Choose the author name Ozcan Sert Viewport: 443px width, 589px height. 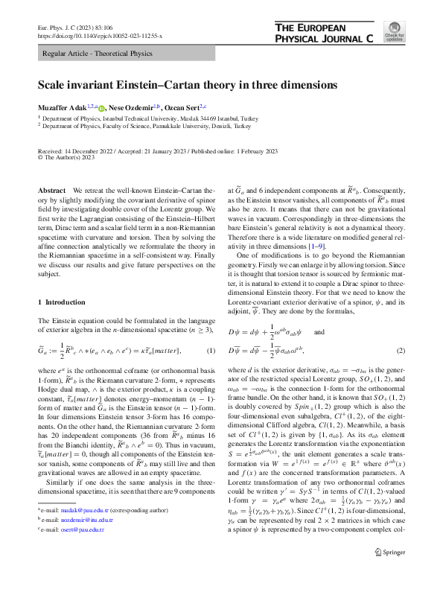(x=191, y=108)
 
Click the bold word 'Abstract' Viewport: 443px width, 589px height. (x=51, y=191)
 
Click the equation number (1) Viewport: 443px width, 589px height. (x=211, y=350)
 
